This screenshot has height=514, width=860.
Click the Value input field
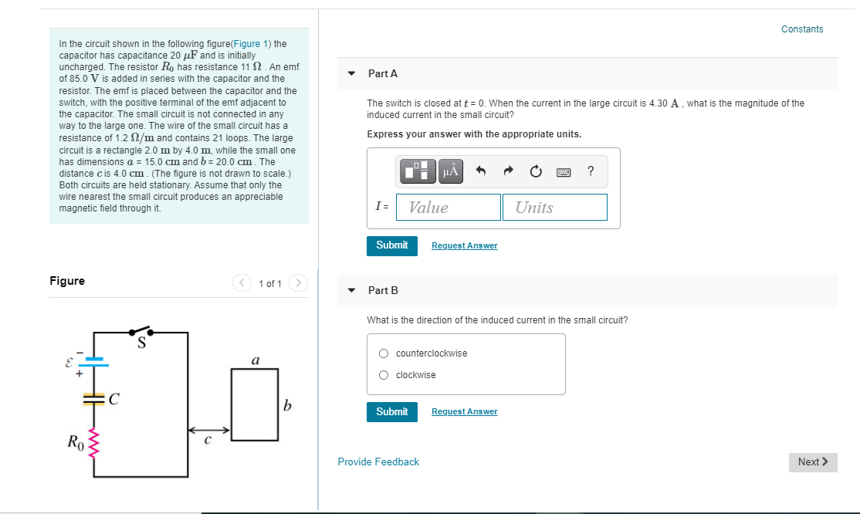[449, 207]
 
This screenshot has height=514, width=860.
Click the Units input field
[554, 207]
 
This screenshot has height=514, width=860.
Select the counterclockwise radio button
[384, 353]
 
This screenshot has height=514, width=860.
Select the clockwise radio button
[384, 375]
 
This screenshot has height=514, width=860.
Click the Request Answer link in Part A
[464, 245]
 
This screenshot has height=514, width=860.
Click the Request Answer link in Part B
[464, 411]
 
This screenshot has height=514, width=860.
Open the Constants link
[801, 29]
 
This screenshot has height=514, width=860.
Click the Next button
[812, 462]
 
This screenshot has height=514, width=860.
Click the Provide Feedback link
[378, 462]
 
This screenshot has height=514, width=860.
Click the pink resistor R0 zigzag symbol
[95, 443]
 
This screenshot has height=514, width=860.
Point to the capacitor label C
[113, 399]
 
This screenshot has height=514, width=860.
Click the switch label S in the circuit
[142, 343]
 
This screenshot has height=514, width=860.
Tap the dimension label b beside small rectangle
[287, 404]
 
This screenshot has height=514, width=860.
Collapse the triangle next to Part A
[352, 73]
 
